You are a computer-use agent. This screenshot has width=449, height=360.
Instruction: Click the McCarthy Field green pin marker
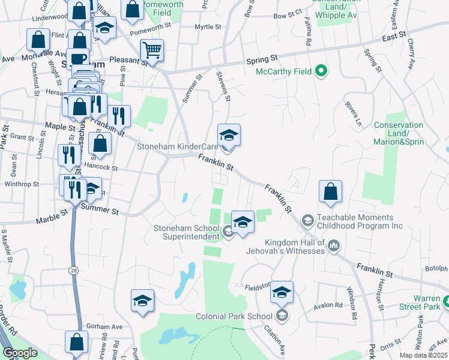pyautogui.click(x=321, y=71)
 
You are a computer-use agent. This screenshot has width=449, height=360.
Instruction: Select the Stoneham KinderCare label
pyautogui.click(x=176, y=146)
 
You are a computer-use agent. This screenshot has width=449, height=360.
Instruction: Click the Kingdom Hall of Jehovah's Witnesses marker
pyautogui.click(x=334, y=245)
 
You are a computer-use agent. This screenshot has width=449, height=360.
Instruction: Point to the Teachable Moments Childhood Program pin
pyautogui.click(x=307, y=221)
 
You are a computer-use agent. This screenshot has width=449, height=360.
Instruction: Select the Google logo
pyautogui.click(x=20, y=353)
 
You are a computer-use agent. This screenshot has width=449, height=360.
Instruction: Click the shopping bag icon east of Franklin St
pyautogui.click(x=330, y=192)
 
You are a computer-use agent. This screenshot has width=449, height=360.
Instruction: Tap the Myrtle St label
pyautogui.click(x=208, y=26)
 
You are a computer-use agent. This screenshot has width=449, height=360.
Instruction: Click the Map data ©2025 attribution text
pyautogui.click(x=423, y=355)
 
